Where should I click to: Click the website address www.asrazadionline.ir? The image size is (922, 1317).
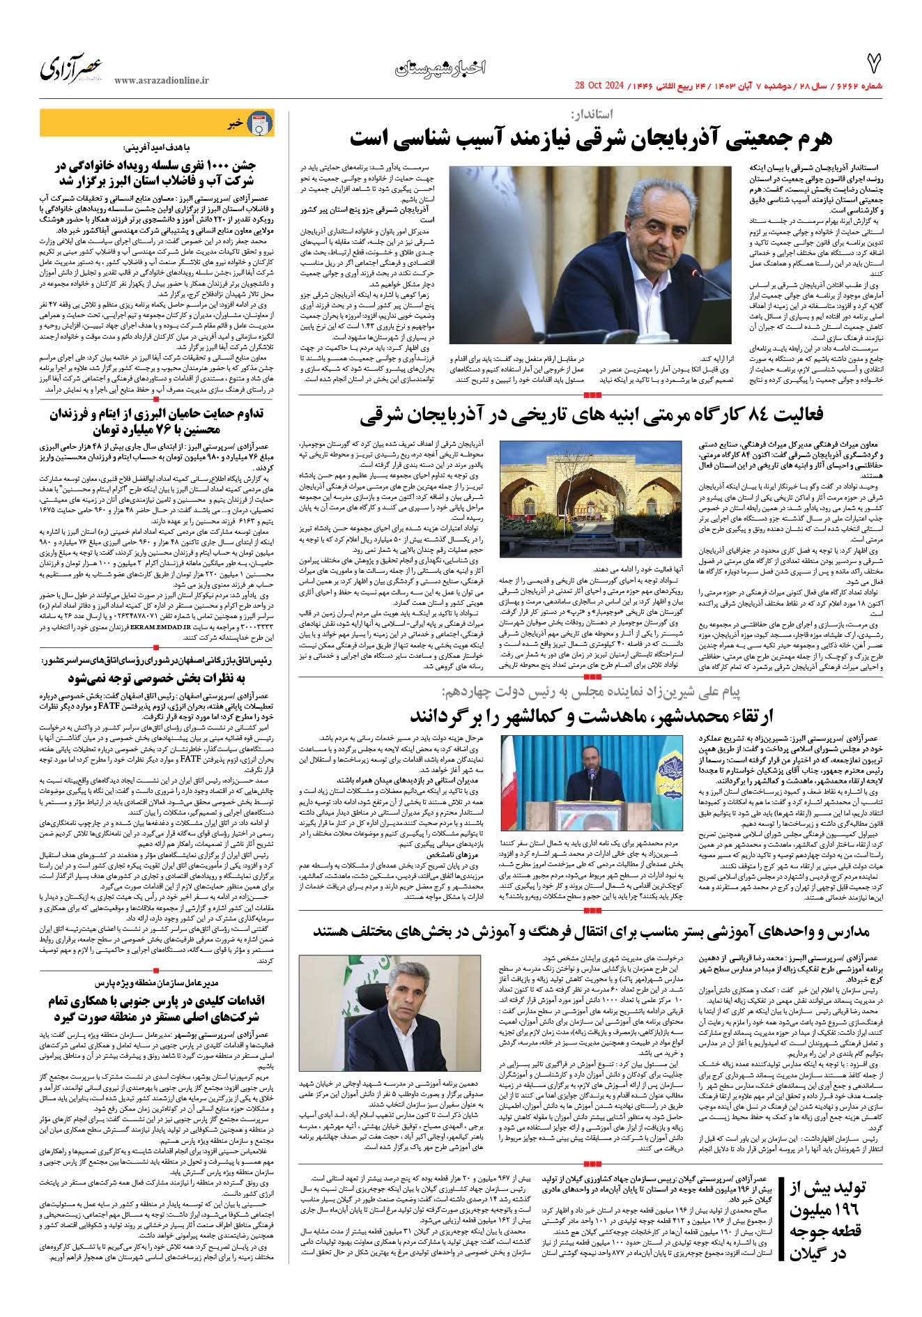pyautogui.click(x=162, y=81)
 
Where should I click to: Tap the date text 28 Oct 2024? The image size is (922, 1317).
pyautogui.click(x=598, y=86)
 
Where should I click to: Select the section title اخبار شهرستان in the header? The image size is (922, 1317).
pyautogui.click(x=440, y=68)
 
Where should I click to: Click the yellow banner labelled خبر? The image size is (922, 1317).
pyautogui.click(x=156, y=123)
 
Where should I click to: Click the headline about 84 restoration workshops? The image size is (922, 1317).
pyautogui.click(x=591, y=415)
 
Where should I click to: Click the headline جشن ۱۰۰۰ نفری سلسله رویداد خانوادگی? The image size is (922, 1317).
pyautogui.click(x=156, y=174)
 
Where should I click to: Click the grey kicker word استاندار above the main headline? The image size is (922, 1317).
pyautogui.click(x=592, y=114)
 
